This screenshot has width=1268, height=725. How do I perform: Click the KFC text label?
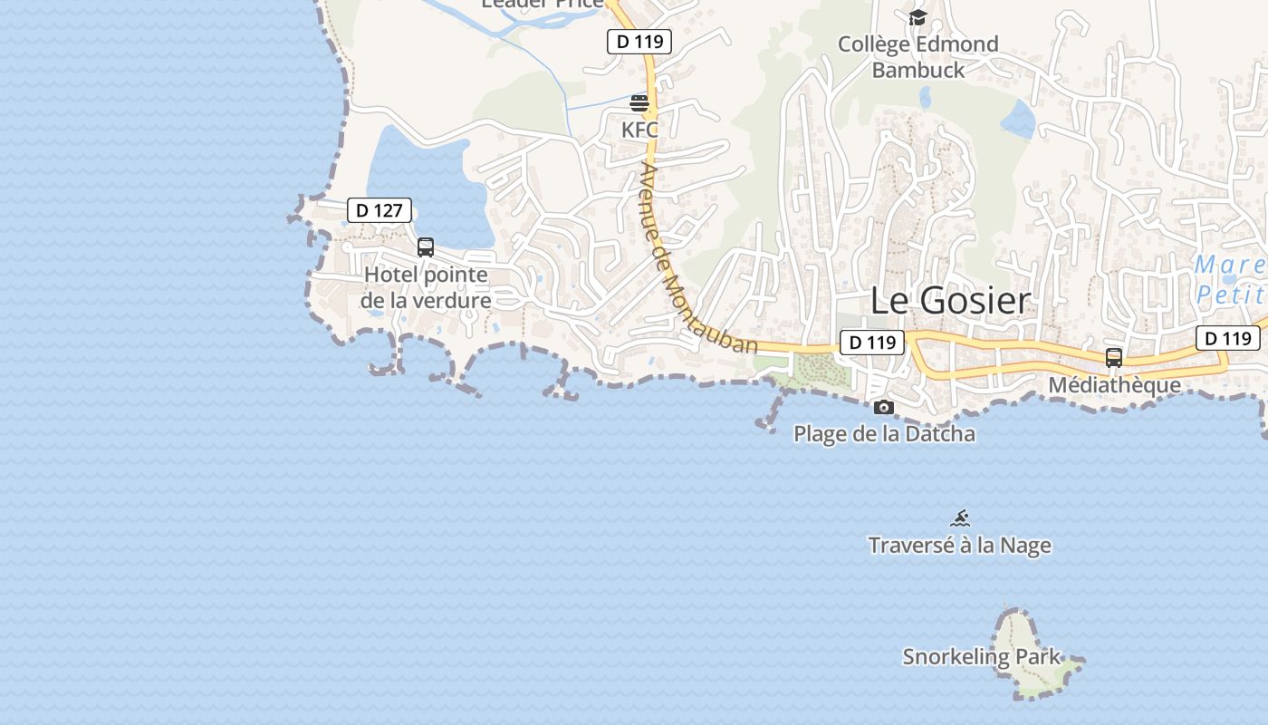[x=639, y=130]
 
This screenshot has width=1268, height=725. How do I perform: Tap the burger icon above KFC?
[x=639, y=103]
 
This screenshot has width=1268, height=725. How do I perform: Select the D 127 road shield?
[x=379, y=211]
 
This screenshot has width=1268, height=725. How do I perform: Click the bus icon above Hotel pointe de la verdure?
[x=426, y=246]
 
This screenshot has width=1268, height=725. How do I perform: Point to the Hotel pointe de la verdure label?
[x=426, y=287]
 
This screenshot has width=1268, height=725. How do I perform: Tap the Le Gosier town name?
[x=950, y=301]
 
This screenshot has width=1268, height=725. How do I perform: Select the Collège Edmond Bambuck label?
[x=917, y=56]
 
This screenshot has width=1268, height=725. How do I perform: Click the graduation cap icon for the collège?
[x=917, y=18]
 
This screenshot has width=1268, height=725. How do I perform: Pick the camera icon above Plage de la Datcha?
[x=884, y=408]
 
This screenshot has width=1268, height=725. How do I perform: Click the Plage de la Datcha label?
[x=884, y=434]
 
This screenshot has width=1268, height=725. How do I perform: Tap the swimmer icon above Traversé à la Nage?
[x=960, y=518]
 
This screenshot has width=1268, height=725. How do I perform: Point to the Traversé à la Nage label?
[x=960, y=546]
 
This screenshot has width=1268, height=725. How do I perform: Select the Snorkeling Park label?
[x=981, y=657]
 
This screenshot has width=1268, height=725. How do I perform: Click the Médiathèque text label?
[x=1114, y=385]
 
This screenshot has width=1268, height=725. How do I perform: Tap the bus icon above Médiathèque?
[x=1114, y=358]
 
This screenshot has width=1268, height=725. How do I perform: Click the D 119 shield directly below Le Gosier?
[x=873, y=343]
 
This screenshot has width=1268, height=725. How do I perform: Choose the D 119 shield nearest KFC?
[x=639, y=41]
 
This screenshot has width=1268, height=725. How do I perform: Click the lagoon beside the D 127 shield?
[x=426, y=181]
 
